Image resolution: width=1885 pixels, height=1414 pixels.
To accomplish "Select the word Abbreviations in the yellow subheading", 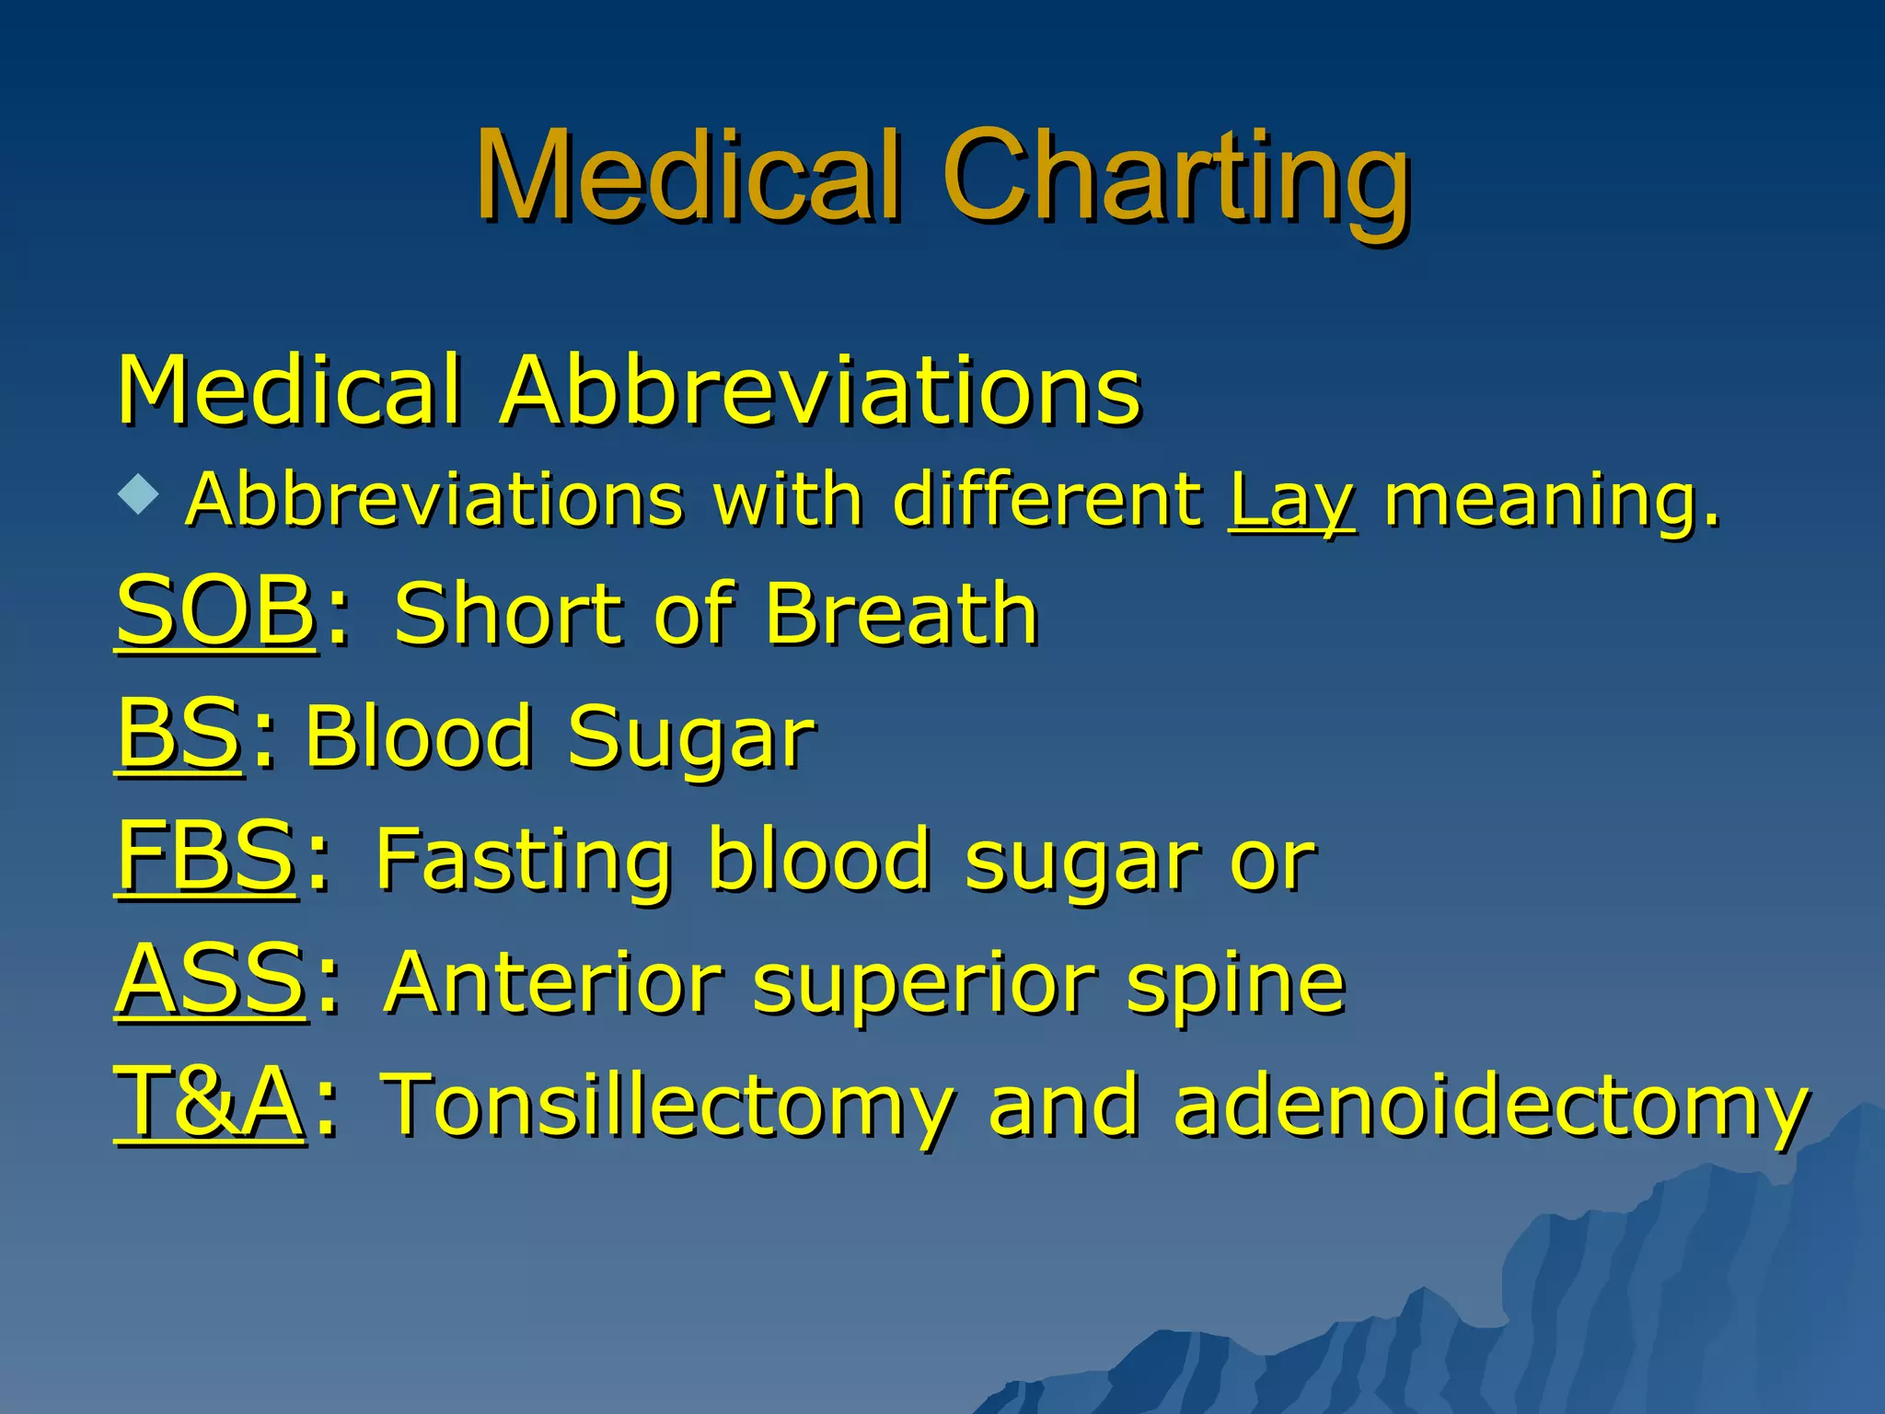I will pyautogui.click(x=820, y=390).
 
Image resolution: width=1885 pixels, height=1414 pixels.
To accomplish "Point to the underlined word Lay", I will pyautogui.click(x=1290, y=502).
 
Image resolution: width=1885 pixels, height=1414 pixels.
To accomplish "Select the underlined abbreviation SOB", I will pyautogui.click(x=215, y=611).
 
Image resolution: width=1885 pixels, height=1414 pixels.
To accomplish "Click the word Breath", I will pyautogui.click(x=901, y=614).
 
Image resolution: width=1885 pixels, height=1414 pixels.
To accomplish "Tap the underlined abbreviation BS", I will pyautogui.click(x=179, y=734).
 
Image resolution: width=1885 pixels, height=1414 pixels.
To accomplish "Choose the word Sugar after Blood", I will pyautogui.click(x=690, y=737).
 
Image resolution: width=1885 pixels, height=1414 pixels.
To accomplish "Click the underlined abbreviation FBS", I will pyautogui.click(x=205, y=856).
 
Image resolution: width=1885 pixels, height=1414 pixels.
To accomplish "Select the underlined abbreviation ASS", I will pyautogui.click(x=210, y=979).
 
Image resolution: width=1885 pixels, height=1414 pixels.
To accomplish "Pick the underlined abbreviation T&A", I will pyautogui.click(x=209, y=1102).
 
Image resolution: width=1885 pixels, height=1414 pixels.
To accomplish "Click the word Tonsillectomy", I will pyautogui.click(x=667, y=1105).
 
